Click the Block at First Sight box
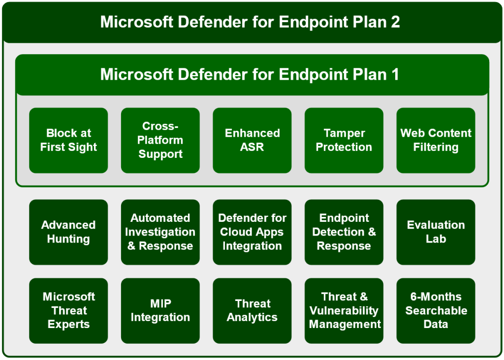tap(68, 140)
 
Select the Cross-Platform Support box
tap(160, 140)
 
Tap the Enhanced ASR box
tap(252, 140)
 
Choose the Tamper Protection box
tap(344, 140)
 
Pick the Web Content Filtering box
tap(436, 140)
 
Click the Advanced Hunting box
tap(68, 232)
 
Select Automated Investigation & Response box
tap(160, 232)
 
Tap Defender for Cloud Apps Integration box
tap(252, 232)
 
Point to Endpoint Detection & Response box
tap(344, 232)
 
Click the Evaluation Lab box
tap(436, 232)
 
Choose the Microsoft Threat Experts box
tap(68, 311)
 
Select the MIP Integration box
tap(160, 311)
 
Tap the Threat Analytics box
tap(252, 311)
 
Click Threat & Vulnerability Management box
tap(344, 311)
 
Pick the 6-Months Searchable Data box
tap(436, 311)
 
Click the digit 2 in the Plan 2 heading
tap(396, 22)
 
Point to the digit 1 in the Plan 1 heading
tap(395, 74)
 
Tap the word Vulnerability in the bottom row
tap(344, 311)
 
